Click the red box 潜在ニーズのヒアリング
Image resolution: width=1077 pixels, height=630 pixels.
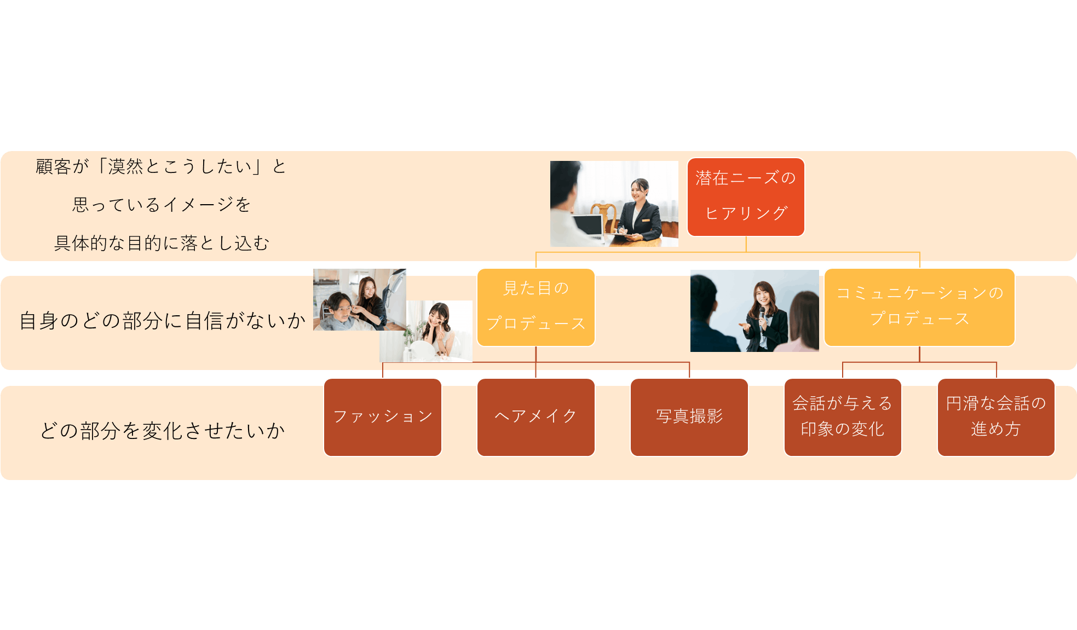tap(746, 196)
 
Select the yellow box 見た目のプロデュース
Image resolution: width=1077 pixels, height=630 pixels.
tap(535, 307)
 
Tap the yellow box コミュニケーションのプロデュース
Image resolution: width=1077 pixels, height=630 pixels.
tap(919, 307)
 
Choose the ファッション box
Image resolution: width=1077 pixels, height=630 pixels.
tap(383, 417)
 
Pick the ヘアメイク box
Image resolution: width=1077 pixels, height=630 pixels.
tap(535, 417)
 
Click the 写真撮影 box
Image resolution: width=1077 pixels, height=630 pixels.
tap(689, 417)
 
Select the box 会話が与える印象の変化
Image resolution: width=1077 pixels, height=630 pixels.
tap(842, 417)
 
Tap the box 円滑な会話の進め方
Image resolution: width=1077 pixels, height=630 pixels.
tap(995, 417)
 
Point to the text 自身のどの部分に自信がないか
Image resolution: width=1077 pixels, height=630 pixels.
tap(162, 321)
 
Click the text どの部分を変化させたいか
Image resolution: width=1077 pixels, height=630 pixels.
tap(162, 431)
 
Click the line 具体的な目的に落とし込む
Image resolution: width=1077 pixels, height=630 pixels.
tap(162, 243)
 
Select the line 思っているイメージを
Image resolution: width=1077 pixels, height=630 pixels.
tap(162, 205)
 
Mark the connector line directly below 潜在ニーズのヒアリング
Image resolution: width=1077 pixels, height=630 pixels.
tap(746, 244)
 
